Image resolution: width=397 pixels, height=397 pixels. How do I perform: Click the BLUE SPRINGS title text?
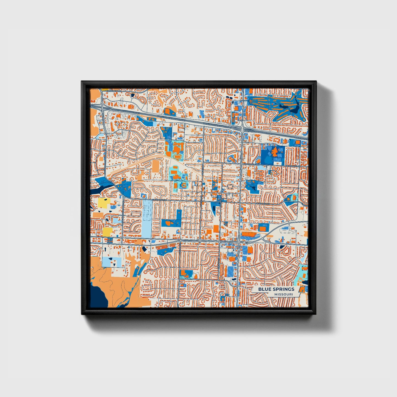pos(276,289)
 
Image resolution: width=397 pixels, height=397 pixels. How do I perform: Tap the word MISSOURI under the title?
pos(283,295)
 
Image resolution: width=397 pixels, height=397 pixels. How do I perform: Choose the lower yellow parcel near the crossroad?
pos(107,232)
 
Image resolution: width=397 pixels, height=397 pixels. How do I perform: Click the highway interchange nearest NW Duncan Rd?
pos(101,107)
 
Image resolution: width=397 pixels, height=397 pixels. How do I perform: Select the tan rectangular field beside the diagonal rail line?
pos(156,166)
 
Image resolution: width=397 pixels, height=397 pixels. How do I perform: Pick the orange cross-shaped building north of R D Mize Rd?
pos(274,151)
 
